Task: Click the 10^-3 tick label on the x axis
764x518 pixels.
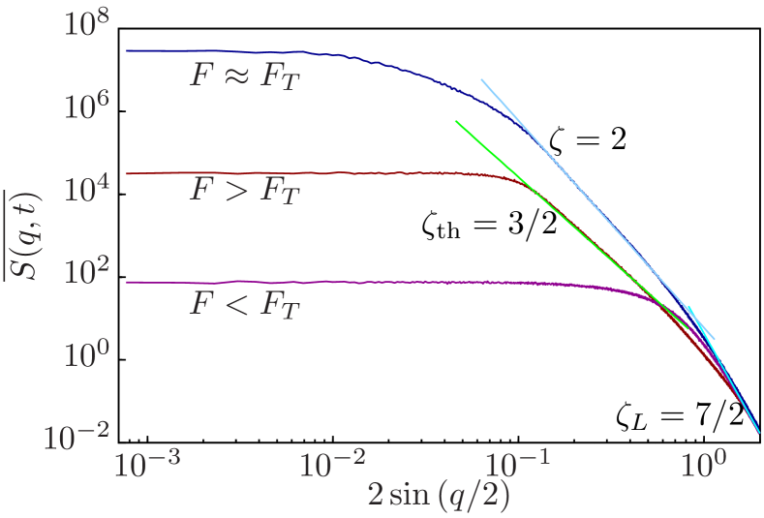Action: (147, 467)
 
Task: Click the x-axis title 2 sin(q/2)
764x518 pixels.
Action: (439, 496)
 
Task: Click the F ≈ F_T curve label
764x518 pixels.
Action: (245, 76)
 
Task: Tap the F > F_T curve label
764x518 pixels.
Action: (245, 190)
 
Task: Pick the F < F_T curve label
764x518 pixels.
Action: (245, 305)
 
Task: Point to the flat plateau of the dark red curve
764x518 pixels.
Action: (290, 173)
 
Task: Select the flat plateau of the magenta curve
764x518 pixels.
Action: (339, 282)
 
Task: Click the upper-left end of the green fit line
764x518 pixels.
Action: (456, 122)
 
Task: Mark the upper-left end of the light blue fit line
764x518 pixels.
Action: (482, 79)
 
